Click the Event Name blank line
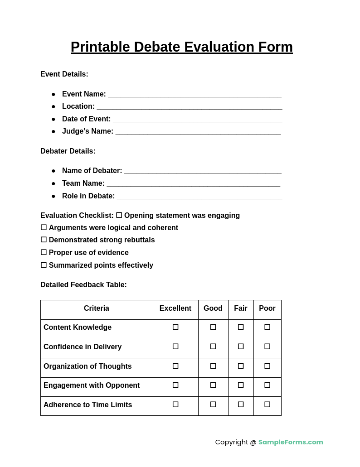195,95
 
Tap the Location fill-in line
189,107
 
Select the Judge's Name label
88,131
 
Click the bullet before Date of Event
53,119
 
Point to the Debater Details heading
68,151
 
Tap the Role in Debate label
88,196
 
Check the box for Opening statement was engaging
119,215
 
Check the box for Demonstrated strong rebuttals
44,240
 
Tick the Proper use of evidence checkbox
44,252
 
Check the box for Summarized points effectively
44,265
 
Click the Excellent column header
175,308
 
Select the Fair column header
241,308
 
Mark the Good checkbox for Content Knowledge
213,327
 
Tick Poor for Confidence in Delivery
268,347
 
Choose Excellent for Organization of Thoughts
175,366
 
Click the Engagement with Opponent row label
92,385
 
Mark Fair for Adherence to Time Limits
241,404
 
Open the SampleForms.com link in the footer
291,442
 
